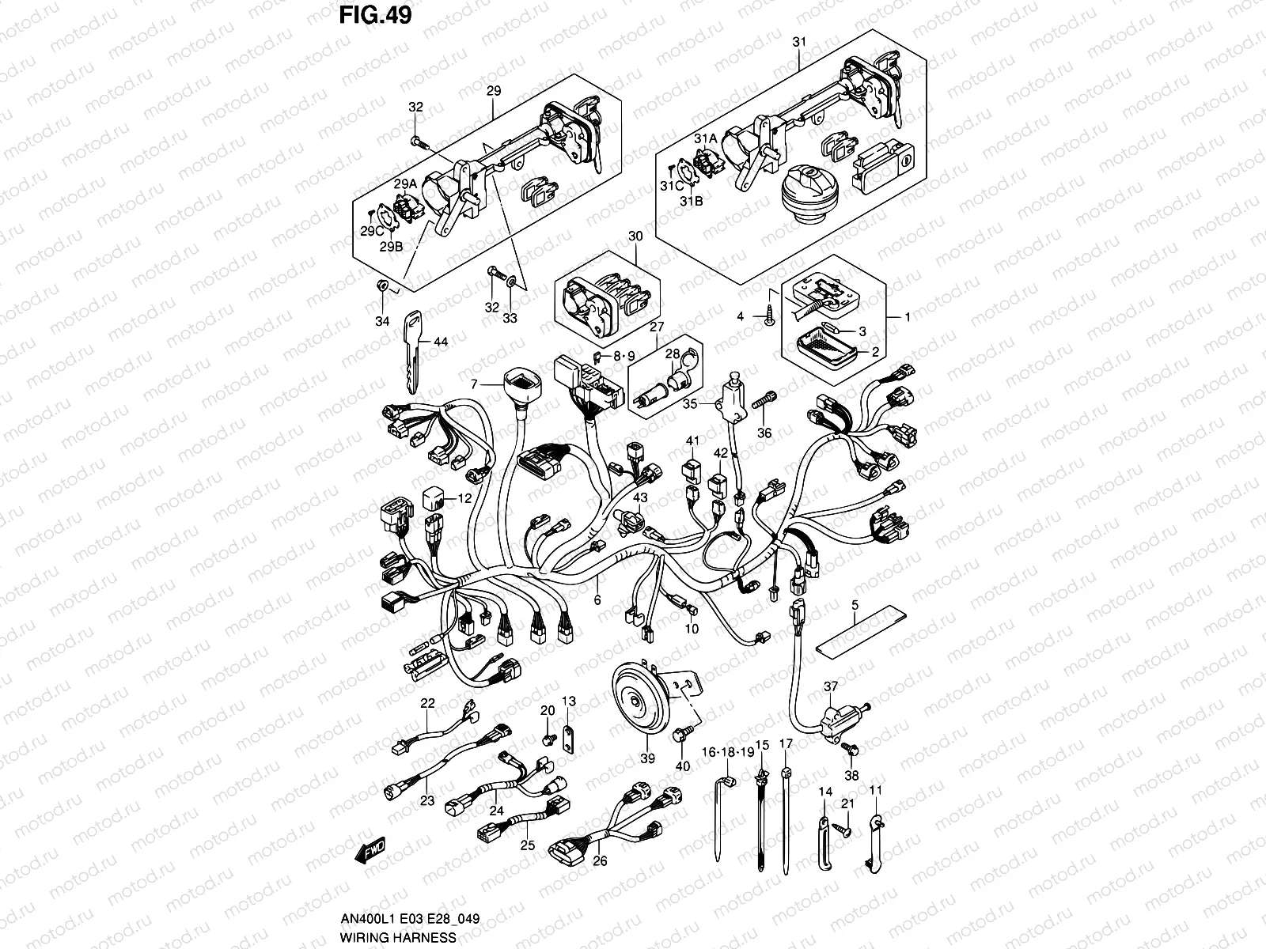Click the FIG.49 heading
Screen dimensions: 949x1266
point(375,15)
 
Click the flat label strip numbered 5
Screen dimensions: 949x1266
point(859,628)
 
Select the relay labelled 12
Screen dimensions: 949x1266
point(435,499)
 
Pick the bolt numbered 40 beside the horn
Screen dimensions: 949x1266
point(680,736)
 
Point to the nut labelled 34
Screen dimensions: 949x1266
point(382,287)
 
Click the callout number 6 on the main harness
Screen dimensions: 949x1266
point(597,600)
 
